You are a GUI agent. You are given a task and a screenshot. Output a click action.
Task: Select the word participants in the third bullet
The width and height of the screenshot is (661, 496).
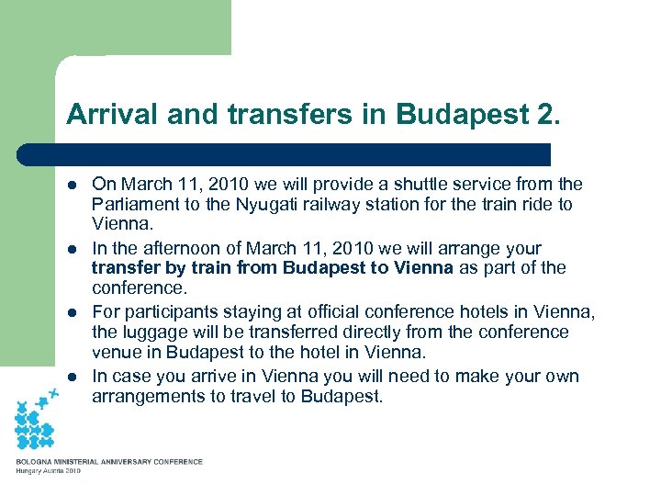(x=164, y=312)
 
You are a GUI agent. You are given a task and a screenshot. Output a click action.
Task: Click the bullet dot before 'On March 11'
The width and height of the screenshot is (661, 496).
(x=73, y=186)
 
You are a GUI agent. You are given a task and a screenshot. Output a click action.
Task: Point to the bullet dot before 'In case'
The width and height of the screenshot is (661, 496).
(x=73, y=377)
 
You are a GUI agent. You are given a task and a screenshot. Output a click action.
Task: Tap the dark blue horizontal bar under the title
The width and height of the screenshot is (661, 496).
(x=285, y=153)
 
